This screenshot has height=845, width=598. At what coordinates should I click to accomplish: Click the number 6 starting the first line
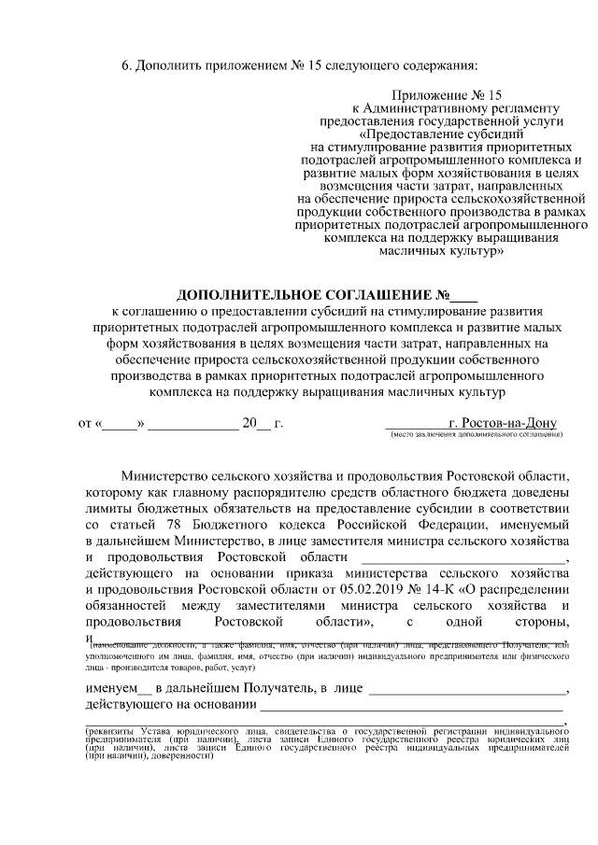tap(126, 65)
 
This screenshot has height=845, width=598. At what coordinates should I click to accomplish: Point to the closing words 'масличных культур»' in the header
tap(444, 251)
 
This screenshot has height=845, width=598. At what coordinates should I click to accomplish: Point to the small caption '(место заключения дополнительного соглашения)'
tap(477, 435)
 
